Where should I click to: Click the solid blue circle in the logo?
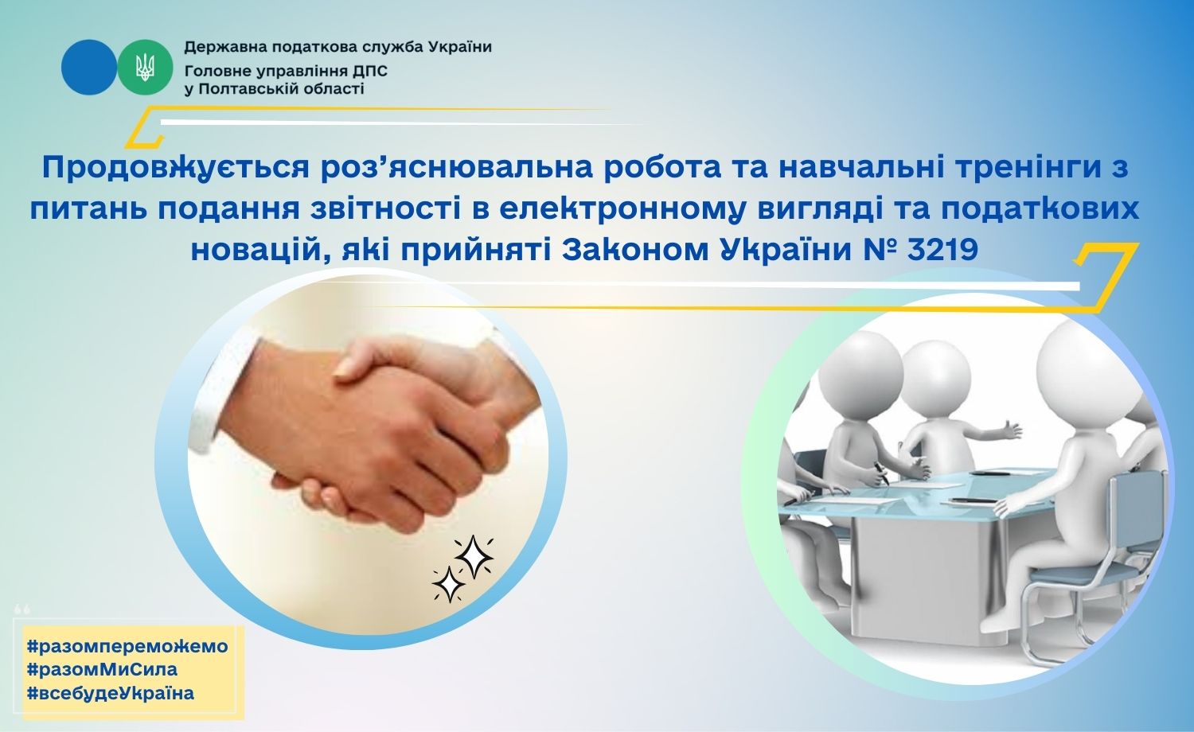(x=88, y=67)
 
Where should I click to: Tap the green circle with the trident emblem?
(x=145, y=67)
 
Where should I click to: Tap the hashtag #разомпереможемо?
(x=127, y=646)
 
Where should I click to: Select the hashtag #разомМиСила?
(x=102, y=669)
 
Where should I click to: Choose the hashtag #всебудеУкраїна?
(x=111, y=693)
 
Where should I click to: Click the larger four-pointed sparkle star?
(x=474, y=557)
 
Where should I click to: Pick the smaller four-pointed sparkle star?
(x=448, y=585)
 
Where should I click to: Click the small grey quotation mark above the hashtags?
(x=22, y=609)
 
